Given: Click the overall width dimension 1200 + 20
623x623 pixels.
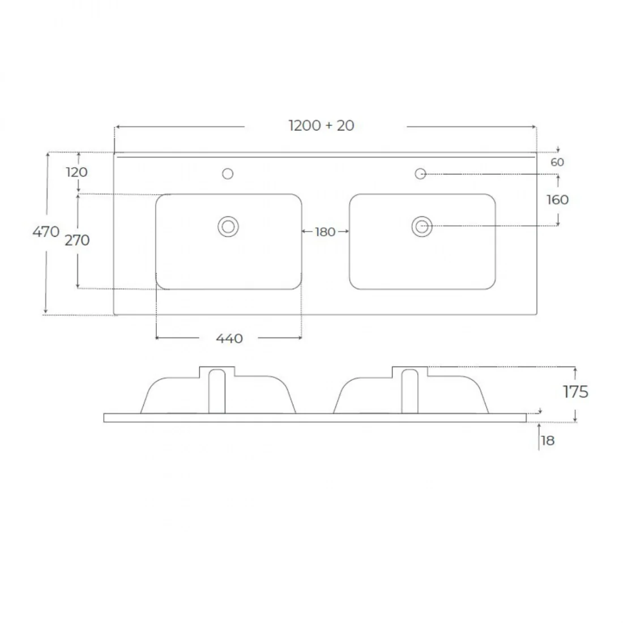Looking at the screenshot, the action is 321,126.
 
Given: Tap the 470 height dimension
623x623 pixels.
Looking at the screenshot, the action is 46,231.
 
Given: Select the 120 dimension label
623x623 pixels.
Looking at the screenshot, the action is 76,172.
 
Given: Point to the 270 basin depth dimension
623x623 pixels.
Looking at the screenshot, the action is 77,240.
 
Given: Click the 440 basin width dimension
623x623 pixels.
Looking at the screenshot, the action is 229,339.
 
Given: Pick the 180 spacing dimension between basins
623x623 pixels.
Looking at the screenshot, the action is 325,232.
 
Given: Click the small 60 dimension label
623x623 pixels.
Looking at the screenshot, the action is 557,162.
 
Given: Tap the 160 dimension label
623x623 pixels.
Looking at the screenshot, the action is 557,199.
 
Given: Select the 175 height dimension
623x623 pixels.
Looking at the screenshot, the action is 575,392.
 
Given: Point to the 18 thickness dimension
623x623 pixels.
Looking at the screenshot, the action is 548,441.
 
